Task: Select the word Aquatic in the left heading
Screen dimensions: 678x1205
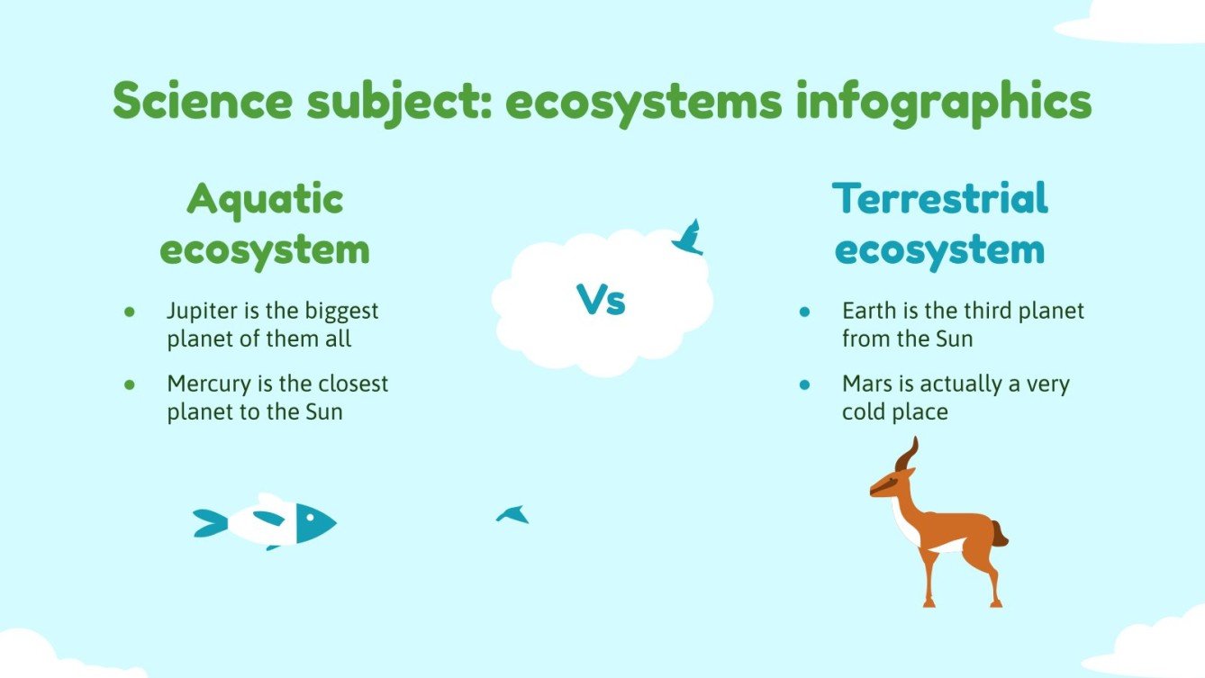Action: coord(265,199)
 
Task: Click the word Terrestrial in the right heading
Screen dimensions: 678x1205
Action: coord(940,199)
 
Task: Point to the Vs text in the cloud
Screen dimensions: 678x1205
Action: coord(601,300)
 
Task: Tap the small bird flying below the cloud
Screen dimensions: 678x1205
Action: coord(512,514)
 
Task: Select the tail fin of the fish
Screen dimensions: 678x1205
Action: coord(209,522)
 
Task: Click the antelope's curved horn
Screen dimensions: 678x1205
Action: coord(909,454)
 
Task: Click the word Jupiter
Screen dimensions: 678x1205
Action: coord(198,312)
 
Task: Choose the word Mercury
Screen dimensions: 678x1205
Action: coord(204,384)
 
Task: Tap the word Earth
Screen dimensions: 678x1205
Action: coord(865,311)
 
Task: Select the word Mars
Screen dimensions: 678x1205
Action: coord(864,384)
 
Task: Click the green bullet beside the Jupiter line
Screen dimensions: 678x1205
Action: coord(130,312)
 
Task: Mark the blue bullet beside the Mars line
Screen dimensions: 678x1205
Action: coord(805,384)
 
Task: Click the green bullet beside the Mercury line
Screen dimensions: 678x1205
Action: coord(130,384)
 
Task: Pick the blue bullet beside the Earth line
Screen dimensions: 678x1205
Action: coord(805,312)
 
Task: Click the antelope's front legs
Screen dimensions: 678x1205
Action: coord(929,576)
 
